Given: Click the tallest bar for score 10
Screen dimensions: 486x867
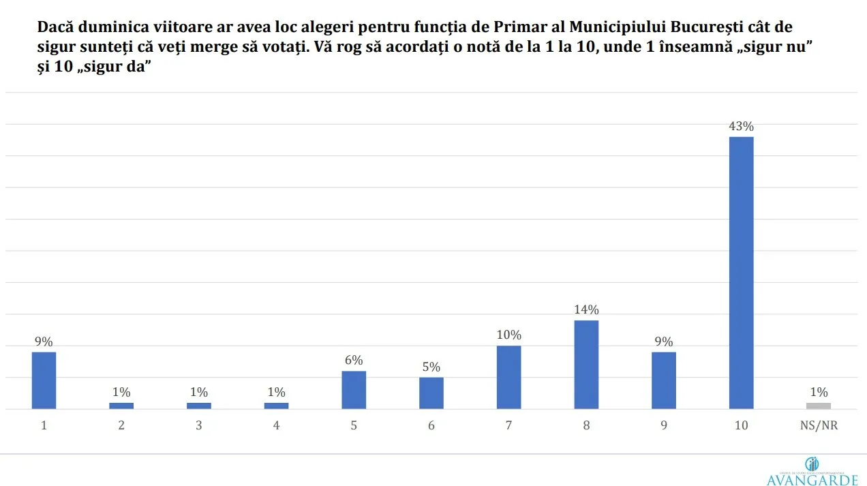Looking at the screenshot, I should coord(741,273).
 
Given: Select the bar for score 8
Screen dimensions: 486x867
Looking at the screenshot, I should coord(586,365).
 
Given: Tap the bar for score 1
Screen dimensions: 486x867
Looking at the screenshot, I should coord(44,380).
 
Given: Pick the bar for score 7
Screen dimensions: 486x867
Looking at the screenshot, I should coord(508,377).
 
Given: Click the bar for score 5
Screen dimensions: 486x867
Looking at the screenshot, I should coord(354,390).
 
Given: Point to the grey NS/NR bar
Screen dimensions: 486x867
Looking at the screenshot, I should coord(819,406).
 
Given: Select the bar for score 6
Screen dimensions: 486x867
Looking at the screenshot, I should coord(431,393).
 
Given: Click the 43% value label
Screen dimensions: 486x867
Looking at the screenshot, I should coord(741,126).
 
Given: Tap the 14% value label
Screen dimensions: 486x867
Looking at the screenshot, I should coord(586,309).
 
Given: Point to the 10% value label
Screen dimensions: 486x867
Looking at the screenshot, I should coord(508,335).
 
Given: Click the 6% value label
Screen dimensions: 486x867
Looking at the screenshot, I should coord(354,360).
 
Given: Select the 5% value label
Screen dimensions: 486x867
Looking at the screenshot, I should coord(431,367).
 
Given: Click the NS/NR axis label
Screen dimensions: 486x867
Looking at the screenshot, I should coord(819,425).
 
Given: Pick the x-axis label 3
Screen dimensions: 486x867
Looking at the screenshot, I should coord(199,425).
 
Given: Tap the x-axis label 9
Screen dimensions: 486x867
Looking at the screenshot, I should coord(664,425).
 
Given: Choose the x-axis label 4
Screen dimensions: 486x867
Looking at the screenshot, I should coord(276,425).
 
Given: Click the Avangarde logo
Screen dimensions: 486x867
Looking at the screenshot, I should coord(812,472).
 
